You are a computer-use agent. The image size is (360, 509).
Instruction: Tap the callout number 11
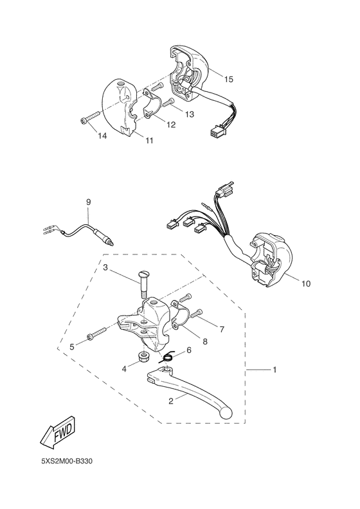coord(149,139)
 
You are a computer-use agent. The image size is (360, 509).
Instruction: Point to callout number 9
coord(89,202)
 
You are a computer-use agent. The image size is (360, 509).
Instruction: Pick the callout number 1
coord(274,370)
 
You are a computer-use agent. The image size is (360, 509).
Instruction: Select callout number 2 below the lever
coord(172,402)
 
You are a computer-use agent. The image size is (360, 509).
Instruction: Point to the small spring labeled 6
coord(168,358)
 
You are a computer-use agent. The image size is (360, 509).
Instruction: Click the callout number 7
coord(222,330)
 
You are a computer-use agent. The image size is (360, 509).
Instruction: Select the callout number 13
coord(190,114)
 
